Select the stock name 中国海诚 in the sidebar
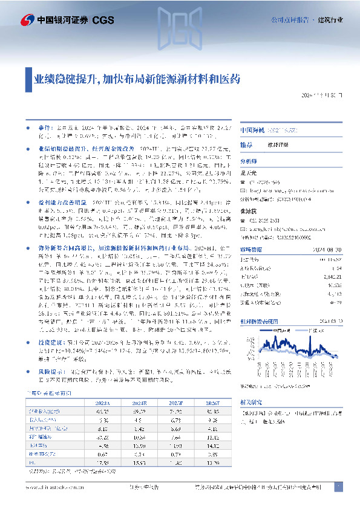(254, 131)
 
